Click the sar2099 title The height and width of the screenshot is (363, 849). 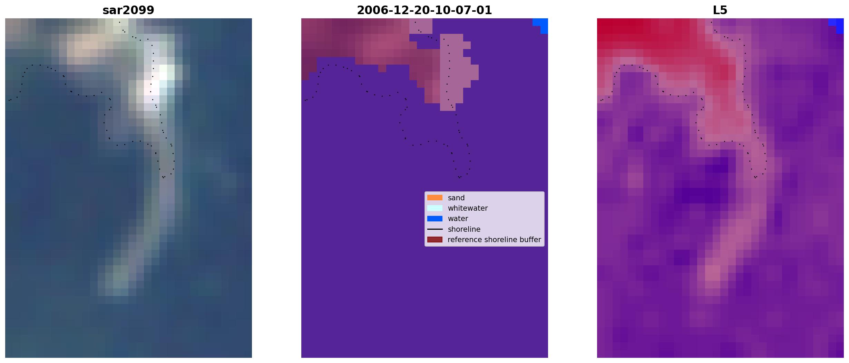pos(128,10)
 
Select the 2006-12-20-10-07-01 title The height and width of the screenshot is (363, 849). pos(424,10)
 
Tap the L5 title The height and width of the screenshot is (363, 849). pos(720,10)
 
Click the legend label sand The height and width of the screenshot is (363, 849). pos(456,198)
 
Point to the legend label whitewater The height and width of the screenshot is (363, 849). pos(468,208)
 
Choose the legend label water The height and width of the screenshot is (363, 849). pos(458,219)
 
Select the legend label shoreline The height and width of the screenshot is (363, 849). pos(464,229)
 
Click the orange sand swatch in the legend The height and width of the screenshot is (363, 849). pos(435,198)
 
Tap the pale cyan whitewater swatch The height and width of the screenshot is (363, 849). pos(435,208)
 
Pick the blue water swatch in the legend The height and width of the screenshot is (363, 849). pos(435,219)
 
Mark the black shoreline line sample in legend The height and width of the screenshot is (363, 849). pos(435,229)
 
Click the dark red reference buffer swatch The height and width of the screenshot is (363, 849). pos(435,240)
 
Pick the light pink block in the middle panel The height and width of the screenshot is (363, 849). pos(456,69)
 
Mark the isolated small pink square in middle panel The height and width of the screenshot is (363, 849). pos(382,68)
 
